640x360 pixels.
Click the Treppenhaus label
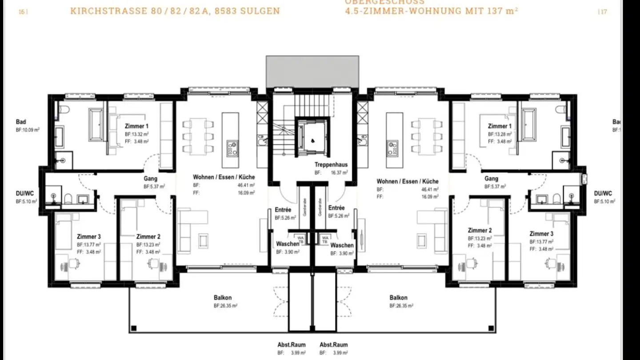point(331,164)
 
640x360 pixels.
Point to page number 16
point(22,12)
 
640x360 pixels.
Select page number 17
point(603,12)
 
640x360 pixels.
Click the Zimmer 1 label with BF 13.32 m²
point(136,126)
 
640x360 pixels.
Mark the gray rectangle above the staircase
point(312,71)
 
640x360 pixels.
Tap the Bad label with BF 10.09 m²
point(20,122)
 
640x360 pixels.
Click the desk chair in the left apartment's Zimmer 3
point(74,265)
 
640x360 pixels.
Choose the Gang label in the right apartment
point(491,179)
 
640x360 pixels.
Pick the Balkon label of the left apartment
point(223,298)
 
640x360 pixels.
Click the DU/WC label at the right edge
point(603,193)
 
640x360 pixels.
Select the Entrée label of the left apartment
point(283,209)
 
